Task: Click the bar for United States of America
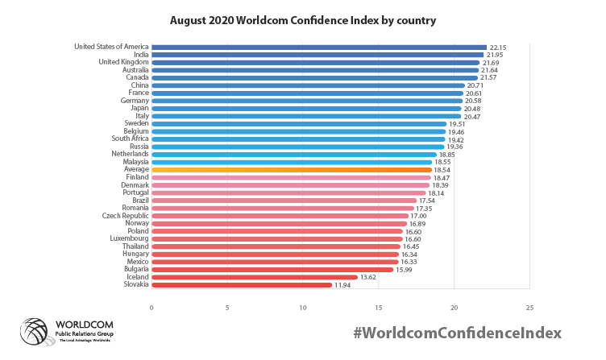click(318, 47)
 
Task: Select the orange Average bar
click(292, 170)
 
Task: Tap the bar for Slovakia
click(242, 284)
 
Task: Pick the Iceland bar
click(255, 277)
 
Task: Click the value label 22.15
click(498, 48)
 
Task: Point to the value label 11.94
click(343, 284)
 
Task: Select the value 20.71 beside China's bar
click(476, 85)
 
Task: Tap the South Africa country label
click(128, 139)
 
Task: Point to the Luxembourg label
click(128, 238)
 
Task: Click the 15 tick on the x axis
click(379, 308)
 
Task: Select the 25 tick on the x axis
click(529, 308)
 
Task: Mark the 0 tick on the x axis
click(151, 308)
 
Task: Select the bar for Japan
click(306, 109)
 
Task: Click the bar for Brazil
click(284, 201)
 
